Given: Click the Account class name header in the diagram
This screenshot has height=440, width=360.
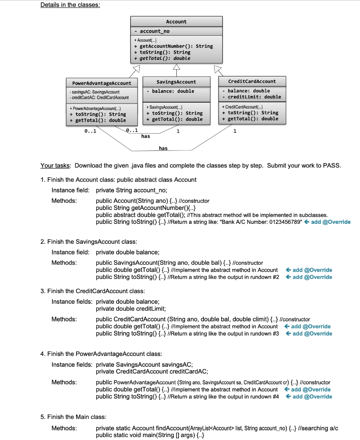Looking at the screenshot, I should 176,21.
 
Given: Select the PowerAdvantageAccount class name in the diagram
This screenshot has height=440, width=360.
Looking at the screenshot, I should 98,82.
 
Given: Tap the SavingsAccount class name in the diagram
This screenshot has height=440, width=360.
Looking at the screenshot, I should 176,82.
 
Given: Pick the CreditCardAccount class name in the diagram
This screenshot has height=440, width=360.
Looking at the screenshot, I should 252,81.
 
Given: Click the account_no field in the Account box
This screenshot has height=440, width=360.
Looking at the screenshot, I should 155,32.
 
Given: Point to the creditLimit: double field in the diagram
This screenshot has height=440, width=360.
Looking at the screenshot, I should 252,97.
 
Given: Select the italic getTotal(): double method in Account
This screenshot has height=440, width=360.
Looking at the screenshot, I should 162,58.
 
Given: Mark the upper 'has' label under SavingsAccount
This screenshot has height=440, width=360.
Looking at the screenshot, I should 146,136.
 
